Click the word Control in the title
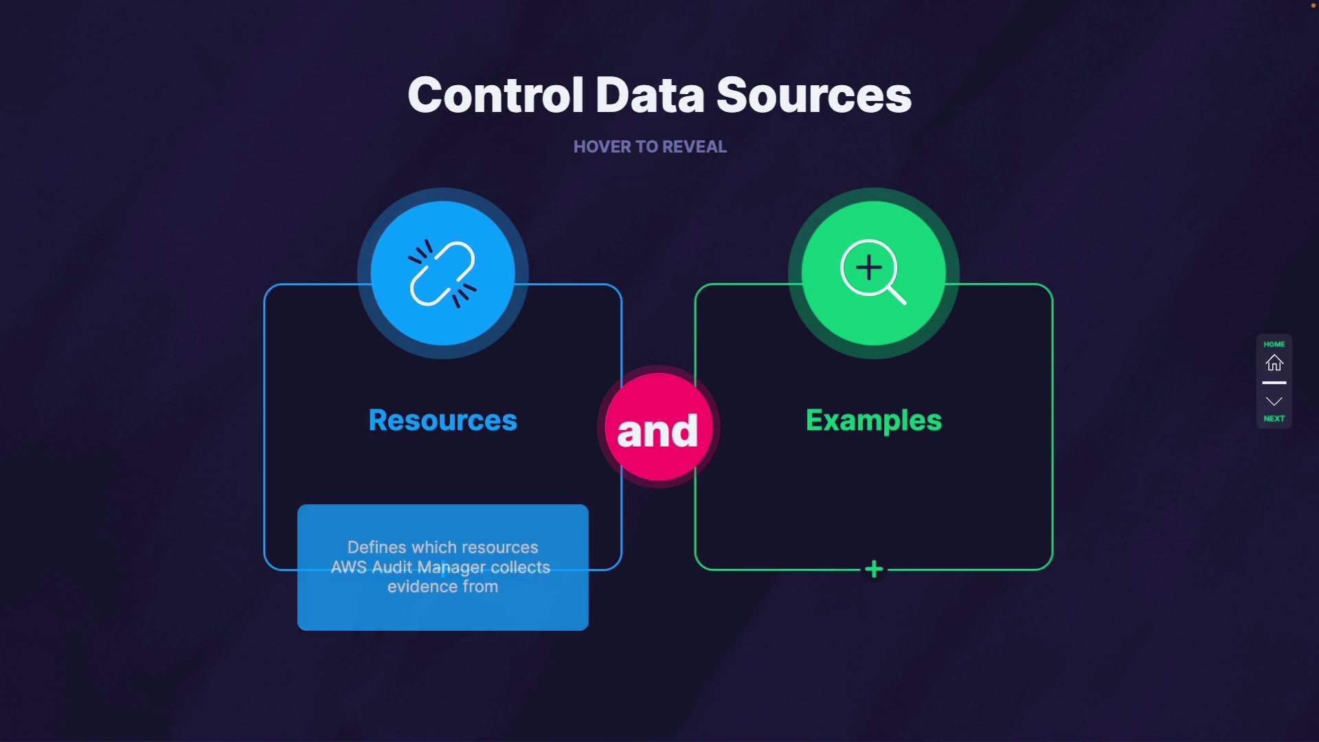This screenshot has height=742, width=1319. coord(495,95)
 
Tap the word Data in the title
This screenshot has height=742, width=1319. coord(650,95)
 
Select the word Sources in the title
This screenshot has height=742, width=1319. coord(814,95)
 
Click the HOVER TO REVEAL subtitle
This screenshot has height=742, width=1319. coord(650,147)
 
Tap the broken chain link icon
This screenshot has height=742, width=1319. coord(442,273)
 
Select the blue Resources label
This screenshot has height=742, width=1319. coord(442,420)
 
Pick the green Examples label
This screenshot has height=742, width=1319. coord(873,420)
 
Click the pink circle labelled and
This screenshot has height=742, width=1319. coord(657,427)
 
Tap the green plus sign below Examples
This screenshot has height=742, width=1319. coord(874,569)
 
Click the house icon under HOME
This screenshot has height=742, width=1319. coord(1274,363)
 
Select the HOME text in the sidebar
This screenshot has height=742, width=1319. coord(1274,344)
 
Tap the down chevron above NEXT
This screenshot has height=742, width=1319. coord(1274,401)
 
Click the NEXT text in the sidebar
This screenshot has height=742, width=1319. coord(1274,418)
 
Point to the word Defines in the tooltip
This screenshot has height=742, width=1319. coord(376,548)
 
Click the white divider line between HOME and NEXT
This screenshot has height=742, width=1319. coord(1274,383)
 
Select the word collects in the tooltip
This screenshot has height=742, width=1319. coord(520,567)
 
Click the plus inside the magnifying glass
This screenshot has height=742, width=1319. coord(869,267)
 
